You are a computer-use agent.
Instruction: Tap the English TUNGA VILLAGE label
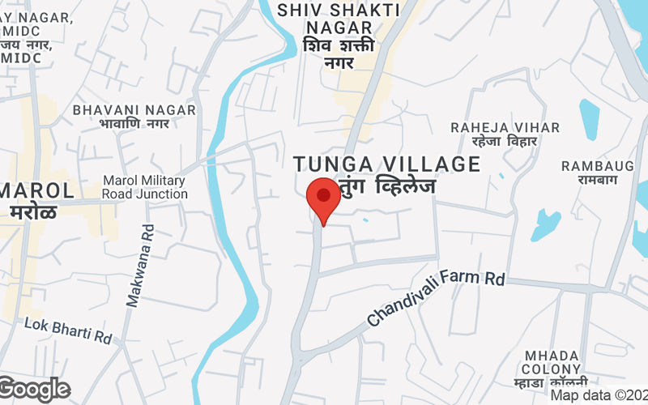pos(387,164)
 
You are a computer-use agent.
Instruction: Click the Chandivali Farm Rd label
pos(436,297)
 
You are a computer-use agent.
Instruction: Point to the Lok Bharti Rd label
pos(67,329)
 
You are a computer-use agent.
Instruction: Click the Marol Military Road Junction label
pos(145,187)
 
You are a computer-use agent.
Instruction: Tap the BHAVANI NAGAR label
pos(134,109)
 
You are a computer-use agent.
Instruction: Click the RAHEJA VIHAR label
pos(505,127)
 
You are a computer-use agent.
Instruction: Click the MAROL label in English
pos(36,190)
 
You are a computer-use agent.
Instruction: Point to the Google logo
pos(35,390)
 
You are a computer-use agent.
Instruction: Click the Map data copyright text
pos(599,395)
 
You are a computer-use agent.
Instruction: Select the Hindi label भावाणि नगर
pos(134,124)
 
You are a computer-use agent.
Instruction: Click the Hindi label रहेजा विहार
pos(505,142)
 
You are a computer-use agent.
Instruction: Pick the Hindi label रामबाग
pos(599,180)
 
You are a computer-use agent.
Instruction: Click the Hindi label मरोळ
pos(33,212)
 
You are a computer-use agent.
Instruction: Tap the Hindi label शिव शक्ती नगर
pos(339,53)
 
